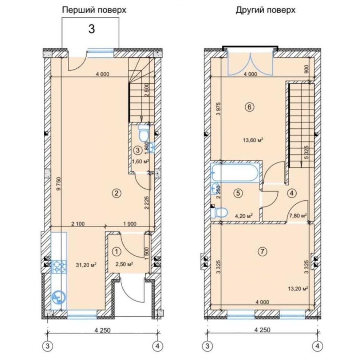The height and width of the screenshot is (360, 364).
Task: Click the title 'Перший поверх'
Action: [94, 10]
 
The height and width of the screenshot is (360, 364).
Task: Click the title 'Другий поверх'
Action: [266, 10]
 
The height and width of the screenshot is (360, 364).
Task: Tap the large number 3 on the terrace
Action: [92, 29]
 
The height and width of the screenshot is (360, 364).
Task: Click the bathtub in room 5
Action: [236, 172]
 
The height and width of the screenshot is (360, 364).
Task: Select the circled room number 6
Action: [250, 107]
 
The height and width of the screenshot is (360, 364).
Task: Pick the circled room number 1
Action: [116, 251]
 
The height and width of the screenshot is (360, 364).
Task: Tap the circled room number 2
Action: [116, 193]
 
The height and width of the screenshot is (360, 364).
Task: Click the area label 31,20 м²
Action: [86, 265]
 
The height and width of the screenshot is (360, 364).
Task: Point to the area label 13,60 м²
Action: [253, 140]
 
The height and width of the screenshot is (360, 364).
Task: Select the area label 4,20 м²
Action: [244, 216]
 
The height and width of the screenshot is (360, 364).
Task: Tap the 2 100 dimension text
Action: [78, 224]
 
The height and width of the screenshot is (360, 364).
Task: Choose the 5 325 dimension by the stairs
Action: [307, 152]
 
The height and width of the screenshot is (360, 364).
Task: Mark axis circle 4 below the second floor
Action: [317, 346]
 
